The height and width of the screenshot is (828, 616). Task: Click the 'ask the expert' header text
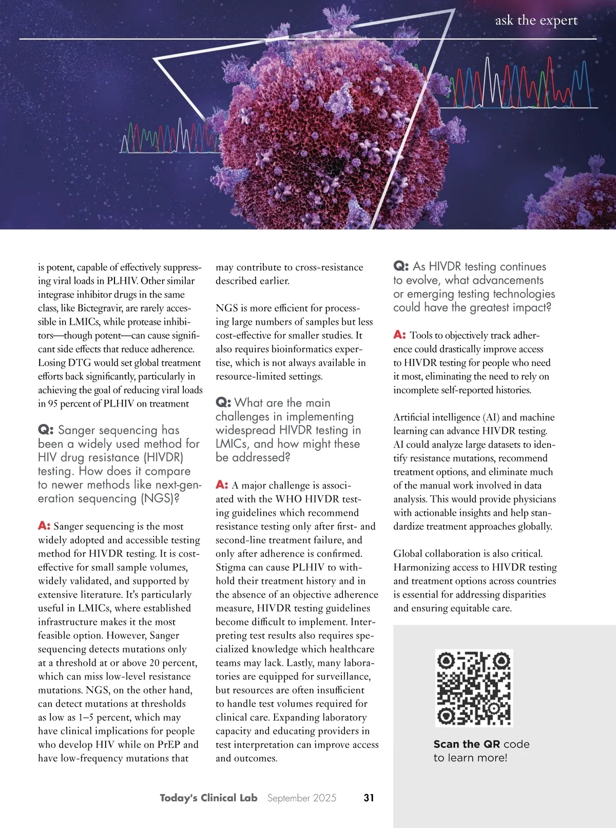tap(536, 21)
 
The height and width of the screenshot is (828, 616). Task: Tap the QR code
tap(474, 688)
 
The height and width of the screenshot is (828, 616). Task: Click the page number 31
tap(369, 798)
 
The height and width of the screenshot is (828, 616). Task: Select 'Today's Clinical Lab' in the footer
tap(208, 798)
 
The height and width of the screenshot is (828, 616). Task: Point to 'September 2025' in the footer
tap(302, 798)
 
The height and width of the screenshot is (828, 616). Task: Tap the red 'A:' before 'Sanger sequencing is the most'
tap(44, 526)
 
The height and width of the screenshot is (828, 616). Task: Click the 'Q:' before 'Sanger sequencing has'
tap(46, 430)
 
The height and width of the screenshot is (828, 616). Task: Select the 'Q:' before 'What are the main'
tap(223, 402)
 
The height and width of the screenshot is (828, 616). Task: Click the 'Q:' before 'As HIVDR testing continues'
tap(401, 266)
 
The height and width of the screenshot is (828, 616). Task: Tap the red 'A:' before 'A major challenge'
tap(222, 485)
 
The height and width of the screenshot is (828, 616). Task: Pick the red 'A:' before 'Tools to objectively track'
tap(399, 335)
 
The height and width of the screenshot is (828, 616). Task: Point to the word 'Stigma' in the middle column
tap(230, 567)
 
